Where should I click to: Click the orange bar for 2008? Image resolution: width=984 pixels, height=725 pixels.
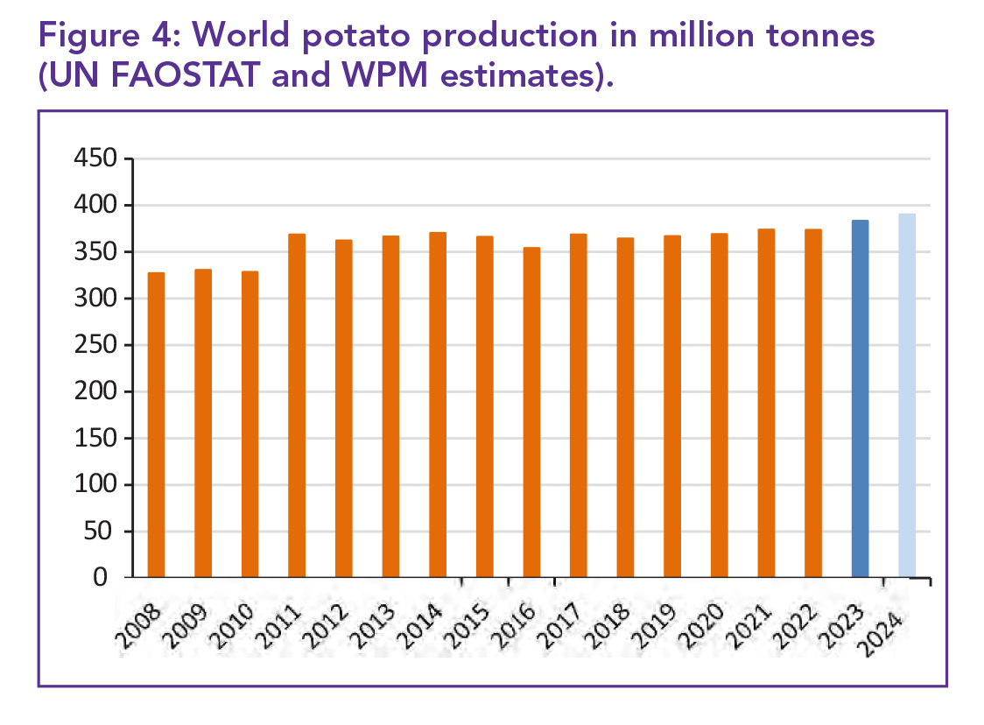pos(156,425)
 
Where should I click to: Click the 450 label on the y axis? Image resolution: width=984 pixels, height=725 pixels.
pos(96,159)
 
